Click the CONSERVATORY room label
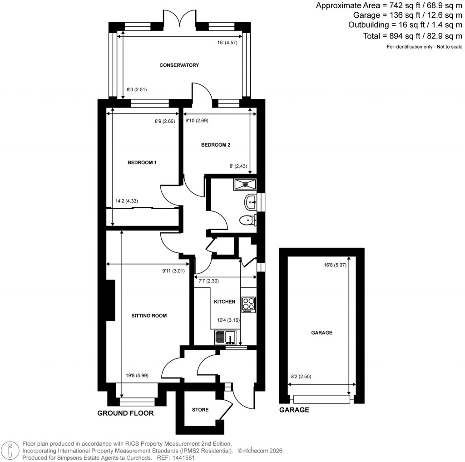[179, 65]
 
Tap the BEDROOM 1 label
[142, 162]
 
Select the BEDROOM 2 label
[216, 145]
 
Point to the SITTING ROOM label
[147, 315]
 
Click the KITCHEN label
[224, 302]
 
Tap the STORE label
[200, 410]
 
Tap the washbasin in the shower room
[250, 202]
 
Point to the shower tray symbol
[245, 184]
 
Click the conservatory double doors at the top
[180, 20]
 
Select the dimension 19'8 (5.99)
[137, 375]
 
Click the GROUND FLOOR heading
[126, 413]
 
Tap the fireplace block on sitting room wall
[110, 300]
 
